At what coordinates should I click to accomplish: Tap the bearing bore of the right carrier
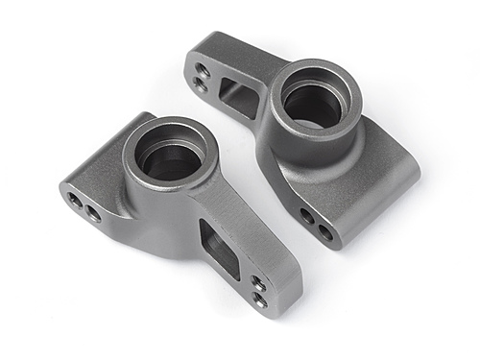click(x=313, y=104)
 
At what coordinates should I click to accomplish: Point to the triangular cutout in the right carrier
click(x=235, y=97)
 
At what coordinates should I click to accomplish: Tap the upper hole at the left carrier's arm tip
click(x=258, y=283)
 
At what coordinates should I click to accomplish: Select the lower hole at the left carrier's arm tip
click(x=260, y=300)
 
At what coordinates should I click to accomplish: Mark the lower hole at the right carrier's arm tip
click(x=201, y=84)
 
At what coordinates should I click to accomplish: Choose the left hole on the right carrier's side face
click(x=307, y=216)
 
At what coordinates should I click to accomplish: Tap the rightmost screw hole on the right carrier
click(x=325, y=231)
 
